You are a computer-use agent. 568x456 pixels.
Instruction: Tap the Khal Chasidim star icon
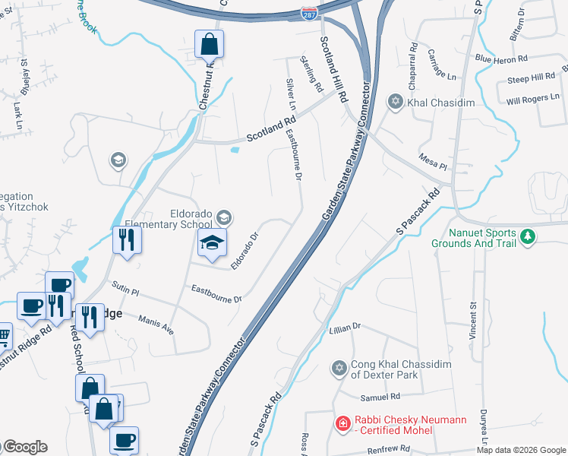click(395, 101)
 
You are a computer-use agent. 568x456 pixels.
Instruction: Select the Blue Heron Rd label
click(501, 59)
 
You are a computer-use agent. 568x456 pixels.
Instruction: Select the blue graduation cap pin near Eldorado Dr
click(213, 242)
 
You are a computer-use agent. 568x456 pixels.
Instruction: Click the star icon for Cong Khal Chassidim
click(339, 369)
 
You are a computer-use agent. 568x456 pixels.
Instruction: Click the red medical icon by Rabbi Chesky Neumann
click(343, 423)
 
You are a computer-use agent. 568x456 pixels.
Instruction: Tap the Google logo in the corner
click(24, 447)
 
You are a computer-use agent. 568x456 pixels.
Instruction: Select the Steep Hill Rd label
click(532, 78)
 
